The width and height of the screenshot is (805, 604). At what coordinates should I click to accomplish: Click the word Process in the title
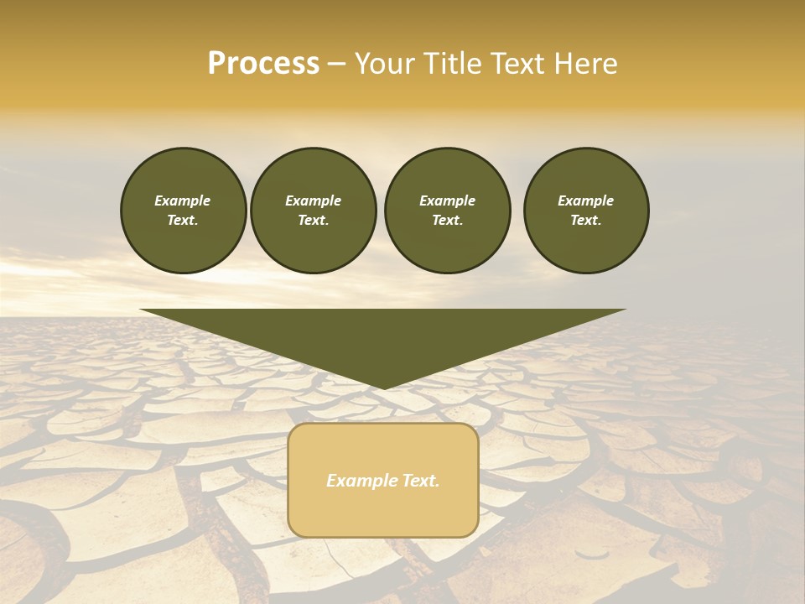point(263,64)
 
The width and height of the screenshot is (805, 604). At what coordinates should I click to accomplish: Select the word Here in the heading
point(586,64)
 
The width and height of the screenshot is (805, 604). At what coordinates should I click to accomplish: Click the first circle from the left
point(183,210)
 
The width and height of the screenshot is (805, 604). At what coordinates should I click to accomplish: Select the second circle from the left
point(314,210)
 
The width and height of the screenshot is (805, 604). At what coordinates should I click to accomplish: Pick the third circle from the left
point(447,210)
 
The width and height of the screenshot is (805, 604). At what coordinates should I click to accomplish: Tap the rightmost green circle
point(586,210)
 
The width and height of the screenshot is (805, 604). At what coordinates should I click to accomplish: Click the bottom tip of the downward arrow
point(383,387)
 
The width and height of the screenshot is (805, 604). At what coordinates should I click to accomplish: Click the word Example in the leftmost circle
point(183,200)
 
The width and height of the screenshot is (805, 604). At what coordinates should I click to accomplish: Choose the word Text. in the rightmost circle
point(586,220)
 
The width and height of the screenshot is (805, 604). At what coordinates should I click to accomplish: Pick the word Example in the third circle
point(447,200)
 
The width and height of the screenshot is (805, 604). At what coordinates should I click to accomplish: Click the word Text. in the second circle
point(314,220)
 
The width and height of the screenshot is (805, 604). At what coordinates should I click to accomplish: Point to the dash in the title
point(337,65)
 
